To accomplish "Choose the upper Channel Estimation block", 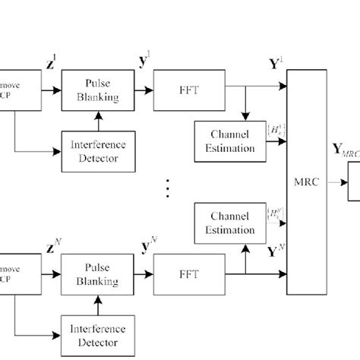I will [x=226, y=141].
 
